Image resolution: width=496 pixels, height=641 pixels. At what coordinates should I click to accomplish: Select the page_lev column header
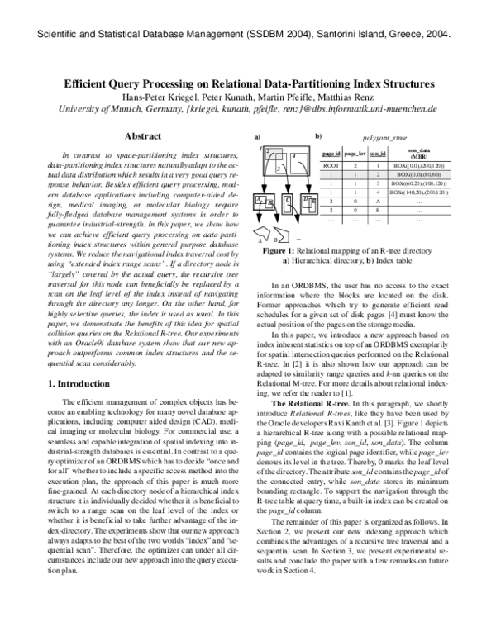[355, 154]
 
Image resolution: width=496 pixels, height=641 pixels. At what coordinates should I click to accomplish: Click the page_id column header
[332, 154]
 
